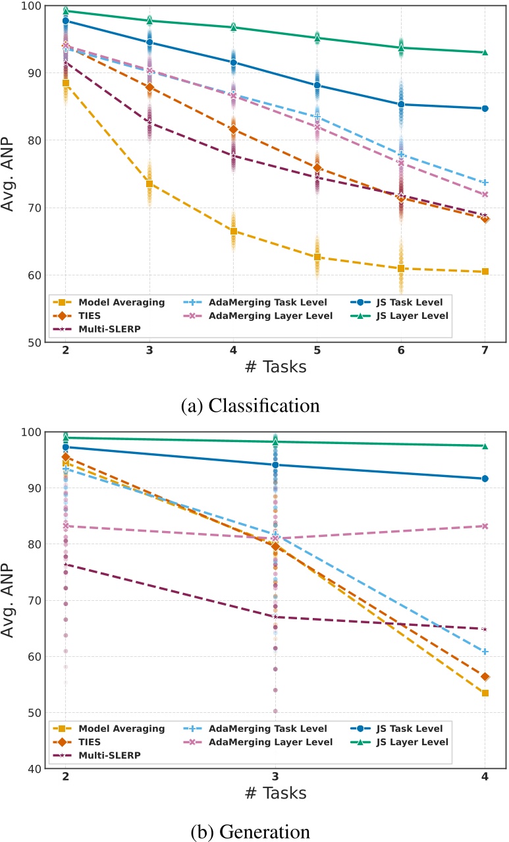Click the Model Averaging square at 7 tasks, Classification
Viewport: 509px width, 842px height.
[x=485, y=271]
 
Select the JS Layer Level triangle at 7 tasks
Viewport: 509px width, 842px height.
[x=485, y=53]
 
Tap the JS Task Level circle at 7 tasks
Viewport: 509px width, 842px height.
[x=485, y=109]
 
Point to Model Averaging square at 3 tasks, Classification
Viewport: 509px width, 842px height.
[x=149, y=184]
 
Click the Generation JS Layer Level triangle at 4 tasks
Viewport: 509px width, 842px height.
[x=485, y=446]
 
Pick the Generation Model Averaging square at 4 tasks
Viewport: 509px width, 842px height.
[x=485, y=692]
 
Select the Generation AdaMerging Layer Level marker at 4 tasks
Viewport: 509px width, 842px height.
[x=485, y=526]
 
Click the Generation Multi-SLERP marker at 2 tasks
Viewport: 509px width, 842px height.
[x=66, y=564]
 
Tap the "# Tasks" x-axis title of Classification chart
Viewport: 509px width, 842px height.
[x=275, y=367]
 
